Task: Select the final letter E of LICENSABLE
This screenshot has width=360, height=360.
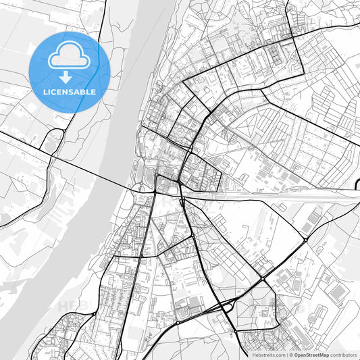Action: tap(93, 92)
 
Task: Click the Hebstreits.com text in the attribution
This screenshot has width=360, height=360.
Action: tap(267, 354)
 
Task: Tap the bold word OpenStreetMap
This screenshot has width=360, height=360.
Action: tap(311, 354)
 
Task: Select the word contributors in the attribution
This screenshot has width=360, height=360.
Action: tap(343, 354)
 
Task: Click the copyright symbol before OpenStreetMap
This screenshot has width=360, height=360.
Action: tap(290, 354)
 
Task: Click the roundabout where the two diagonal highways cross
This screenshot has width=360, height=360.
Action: tap(262, 278)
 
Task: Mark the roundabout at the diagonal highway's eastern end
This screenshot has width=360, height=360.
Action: tap(305, 239)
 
